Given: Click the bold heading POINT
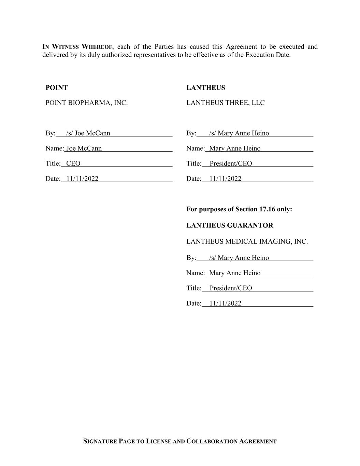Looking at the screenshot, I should (57, 88).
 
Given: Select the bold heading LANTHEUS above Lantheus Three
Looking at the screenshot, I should (206, 88).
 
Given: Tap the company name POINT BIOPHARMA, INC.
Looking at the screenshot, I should (87, 103).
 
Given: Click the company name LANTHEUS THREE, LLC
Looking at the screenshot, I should (226, 103).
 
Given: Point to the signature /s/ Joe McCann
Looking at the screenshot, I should (88, 133).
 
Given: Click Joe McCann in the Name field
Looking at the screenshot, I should (84, 148).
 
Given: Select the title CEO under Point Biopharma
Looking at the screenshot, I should (73, 164).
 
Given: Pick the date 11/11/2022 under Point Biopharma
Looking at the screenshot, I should (82, 179).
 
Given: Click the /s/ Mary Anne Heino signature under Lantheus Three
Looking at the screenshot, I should (239, 133).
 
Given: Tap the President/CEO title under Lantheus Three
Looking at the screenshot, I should (231, 164).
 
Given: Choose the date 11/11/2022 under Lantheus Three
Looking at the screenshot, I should (225, 179).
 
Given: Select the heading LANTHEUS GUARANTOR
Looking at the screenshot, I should (230, 225).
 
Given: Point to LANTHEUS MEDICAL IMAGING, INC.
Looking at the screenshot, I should (247, 242).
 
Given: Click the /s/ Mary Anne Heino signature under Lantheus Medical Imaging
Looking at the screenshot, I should (239, 258).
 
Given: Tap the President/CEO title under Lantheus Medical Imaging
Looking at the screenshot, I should (231, 288).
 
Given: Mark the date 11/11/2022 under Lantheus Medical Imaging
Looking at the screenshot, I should (225, 303).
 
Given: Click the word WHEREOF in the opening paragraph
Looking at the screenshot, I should (97, 47).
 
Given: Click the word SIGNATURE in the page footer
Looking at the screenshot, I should (100, 441).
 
